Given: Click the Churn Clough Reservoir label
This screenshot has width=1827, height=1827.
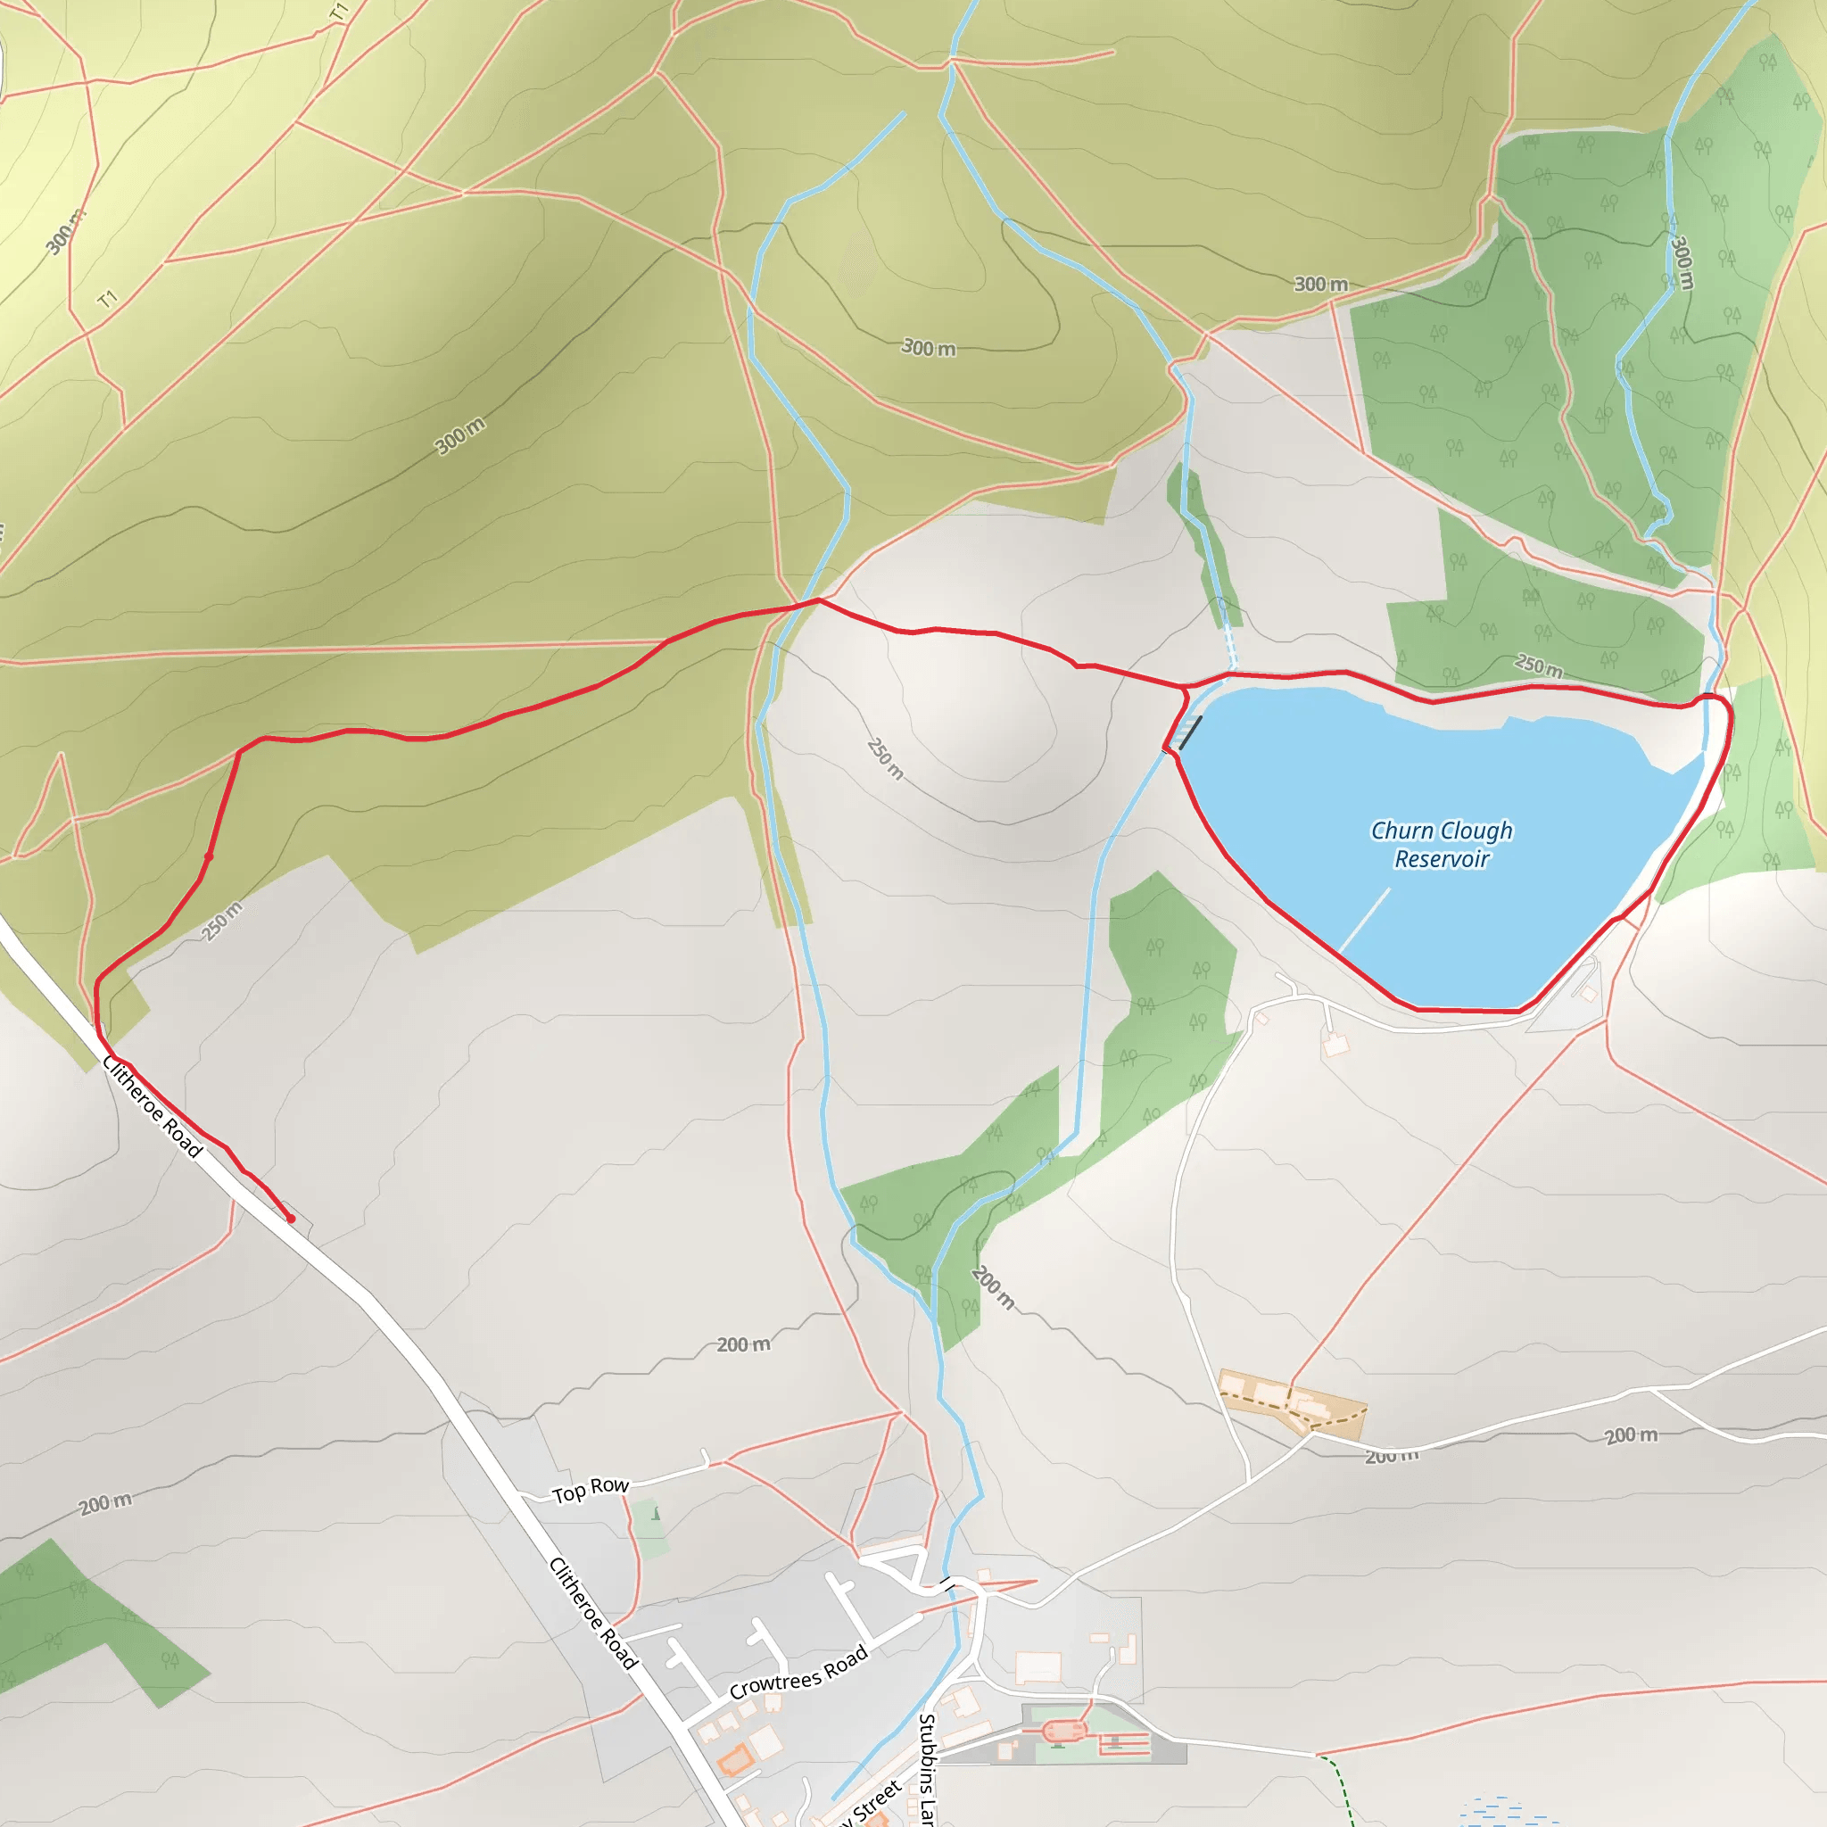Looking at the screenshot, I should click(1442, 845).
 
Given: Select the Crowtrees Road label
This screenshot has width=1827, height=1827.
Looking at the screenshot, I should click(798, 1673).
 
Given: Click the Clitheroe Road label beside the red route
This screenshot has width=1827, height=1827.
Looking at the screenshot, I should click(153, 1107).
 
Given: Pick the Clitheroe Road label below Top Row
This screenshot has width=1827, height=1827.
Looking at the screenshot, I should click(594, 1613).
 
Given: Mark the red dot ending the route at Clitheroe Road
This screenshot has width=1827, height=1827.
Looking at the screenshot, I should click(291, 1219).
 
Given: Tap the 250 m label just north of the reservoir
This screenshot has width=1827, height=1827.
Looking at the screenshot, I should click(1539, 665).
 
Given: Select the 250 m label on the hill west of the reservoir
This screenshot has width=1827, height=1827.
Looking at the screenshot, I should click(885, 758).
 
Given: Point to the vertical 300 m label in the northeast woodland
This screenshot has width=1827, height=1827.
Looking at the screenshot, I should click(1682, 262).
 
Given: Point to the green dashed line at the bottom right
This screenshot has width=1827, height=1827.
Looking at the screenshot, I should click(1341, 1787).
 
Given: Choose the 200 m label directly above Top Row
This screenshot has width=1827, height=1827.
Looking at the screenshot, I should click(743, 1344).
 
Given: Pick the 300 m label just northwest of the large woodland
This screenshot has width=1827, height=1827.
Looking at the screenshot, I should click(1320, 284).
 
